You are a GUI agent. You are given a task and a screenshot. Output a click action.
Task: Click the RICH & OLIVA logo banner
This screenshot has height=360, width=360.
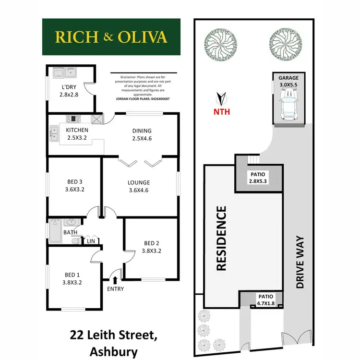tap(111, 36)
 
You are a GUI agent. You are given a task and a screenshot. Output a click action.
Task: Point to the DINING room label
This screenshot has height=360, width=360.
tap(142, 131)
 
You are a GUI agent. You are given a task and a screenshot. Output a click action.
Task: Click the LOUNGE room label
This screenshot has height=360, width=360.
tap(139, 182)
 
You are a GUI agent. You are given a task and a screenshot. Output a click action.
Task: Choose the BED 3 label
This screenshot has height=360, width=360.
tap(74, 181)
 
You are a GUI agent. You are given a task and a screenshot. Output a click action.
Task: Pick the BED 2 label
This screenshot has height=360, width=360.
tap(152, 243)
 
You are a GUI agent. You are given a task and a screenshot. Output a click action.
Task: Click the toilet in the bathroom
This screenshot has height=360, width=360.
tap(75, 241)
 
